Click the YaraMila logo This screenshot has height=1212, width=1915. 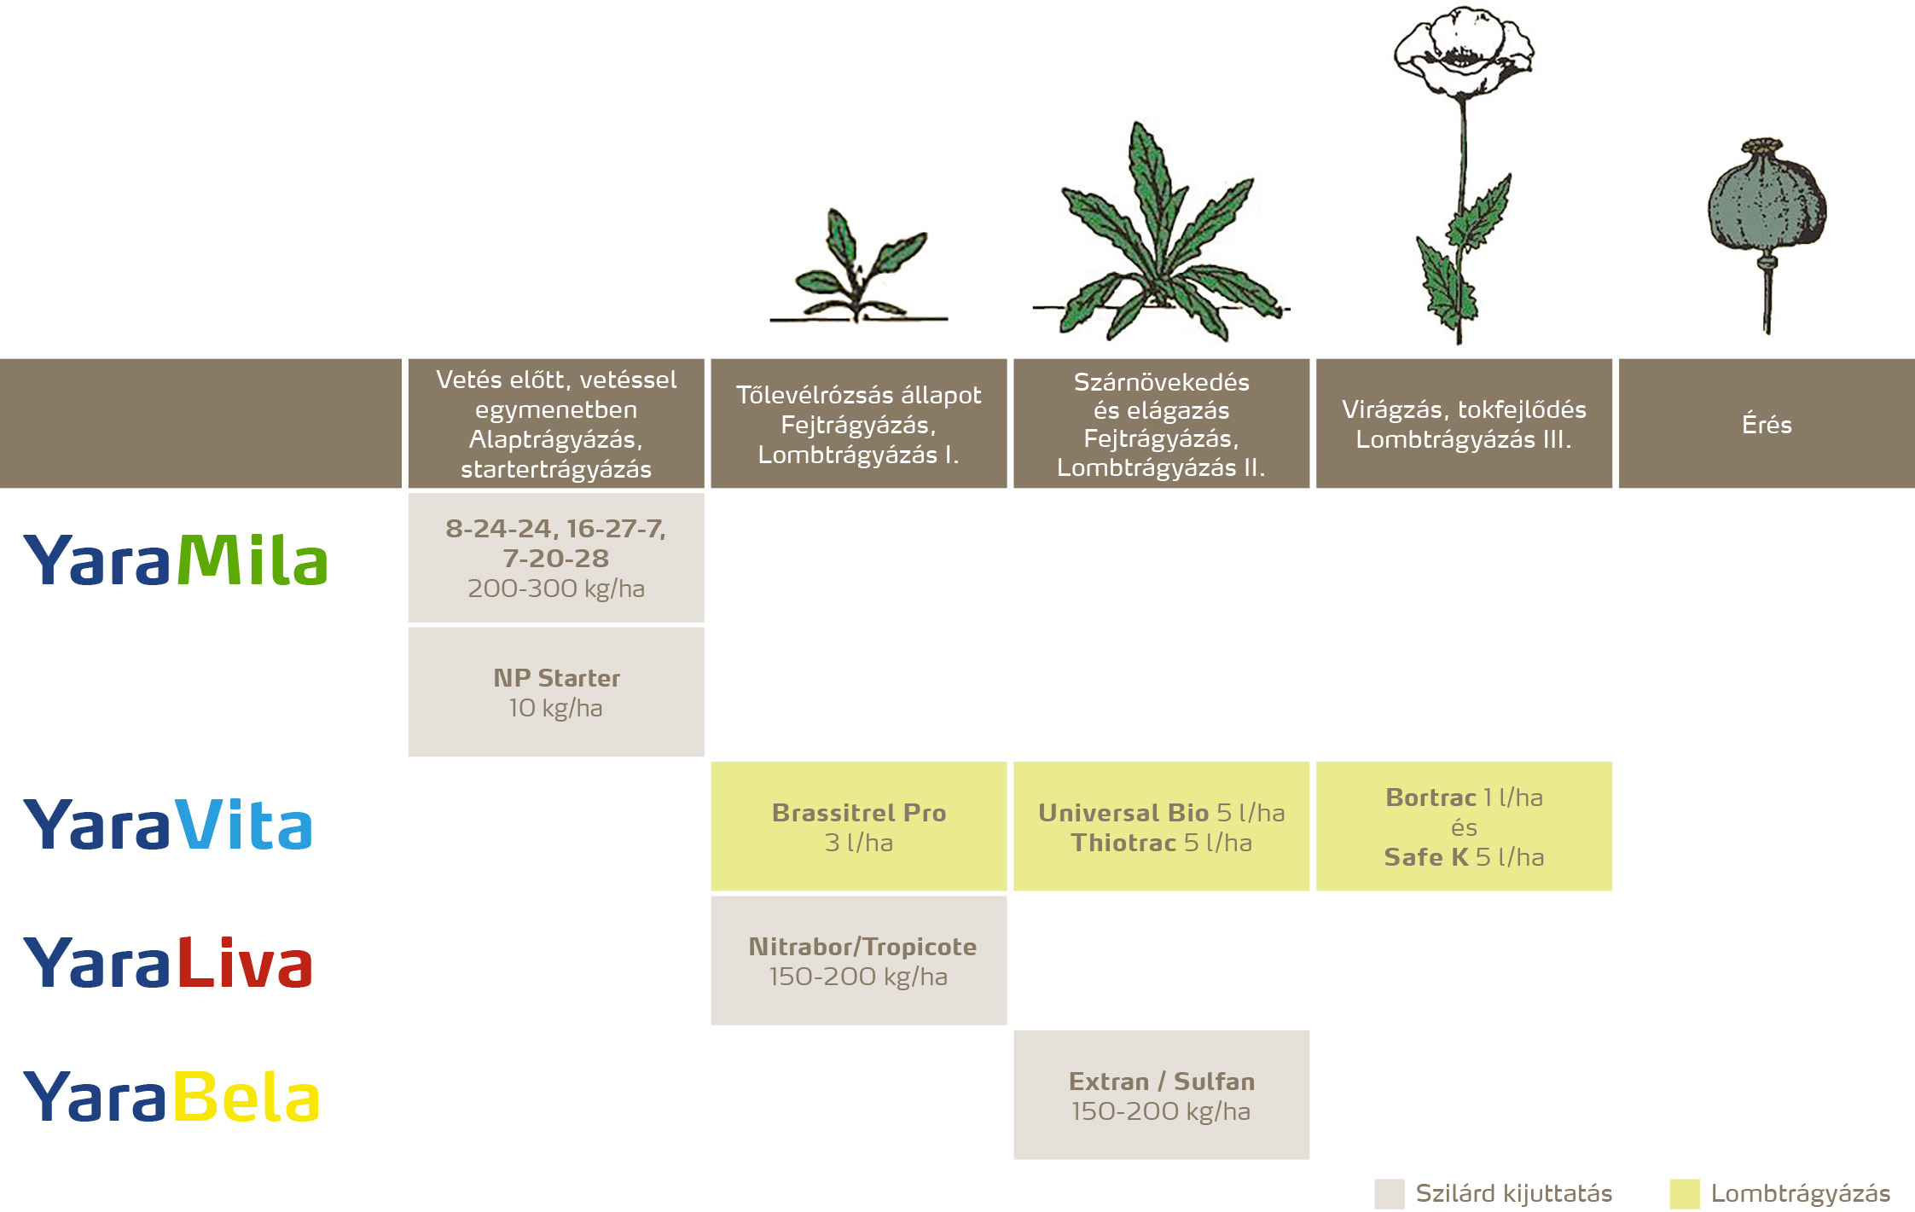(176, 560)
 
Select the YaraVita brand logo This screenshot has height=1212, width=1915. (168, 825)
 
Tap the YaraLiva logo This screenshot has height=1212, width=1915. (168, 961)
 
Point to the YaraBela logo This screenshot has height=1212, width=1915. (171, 1096)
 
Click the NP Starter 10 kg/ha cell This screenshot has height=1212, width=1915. (556, 692)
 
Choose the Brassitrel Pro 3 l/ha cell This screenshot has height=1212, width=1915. (858, 826)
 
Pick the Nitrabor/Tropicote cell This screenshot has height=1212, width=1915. (858, 960)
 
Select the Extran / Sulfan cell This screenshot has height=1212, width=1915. (1161, 1095)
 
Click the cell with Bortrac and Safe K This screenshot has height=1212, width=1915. (1464, 826)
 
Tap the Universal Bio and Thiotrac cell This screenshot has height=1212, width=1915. (1161, 826)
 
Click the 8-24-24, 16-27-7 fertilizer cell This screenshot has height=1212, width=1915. (556, 558)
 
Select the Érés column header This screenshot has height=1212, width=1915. (1767, 424)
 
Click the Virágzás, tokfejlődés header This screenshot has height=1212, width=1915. (1464, 424)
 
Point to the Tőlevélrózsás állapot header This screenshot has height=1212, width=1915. (858, 424)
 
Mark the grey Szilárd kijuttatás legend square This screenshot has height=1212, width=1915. (1389, 1194)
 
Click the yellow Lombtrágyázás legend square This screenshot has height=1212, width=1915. (1684, 1194)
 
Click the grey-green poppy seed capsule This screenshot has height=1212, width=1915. (1766, 205)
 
